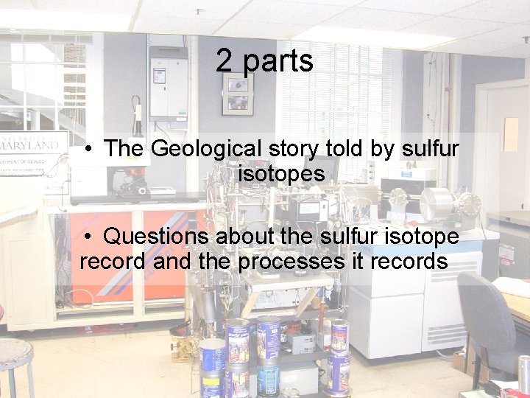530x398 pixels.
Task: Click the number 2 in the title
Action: (x=225, y=61)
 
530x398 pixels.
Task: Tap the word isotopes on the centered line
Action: (x=281, y=175)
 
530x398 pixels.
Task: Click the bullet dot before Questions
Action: (x=88, y=237)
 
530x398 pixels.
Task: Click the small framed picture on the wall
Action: (x=238, y=94)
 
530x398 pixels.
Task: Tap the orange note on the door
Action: (x=511, y=133)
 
